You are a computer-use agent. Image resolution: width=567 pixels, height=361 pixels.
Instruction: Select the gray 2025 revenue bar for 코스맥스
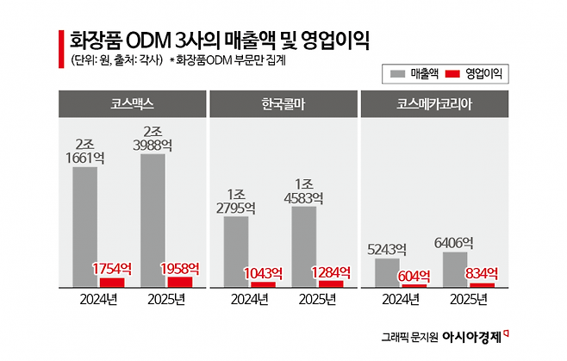(x=153, y=220)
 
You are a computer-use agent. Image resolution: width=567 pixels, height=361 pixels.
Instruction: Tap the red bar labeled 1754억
(x=113, y=282)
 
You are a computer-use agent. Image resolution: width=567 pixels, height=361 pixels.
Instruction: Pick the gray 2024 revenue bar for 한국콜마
(x=237, y=251)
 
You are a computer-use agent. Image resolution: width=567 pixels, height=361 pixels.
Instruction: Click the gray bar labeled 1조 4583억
(x=303, y=246)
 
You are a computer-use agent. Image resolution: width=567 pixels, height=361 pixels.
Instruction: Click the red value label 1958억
(x=181, y=267)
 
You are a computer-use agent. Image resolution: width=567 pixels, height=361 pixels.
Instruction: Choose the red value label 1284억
(x=332, y=271)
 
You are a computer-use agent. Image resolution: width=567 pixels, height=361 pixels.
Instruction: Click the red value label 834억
(x=483, y=273)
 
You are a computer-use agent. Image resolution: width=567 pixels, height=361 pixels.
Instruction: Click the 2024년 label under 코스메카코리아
(x=400, y=301)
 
